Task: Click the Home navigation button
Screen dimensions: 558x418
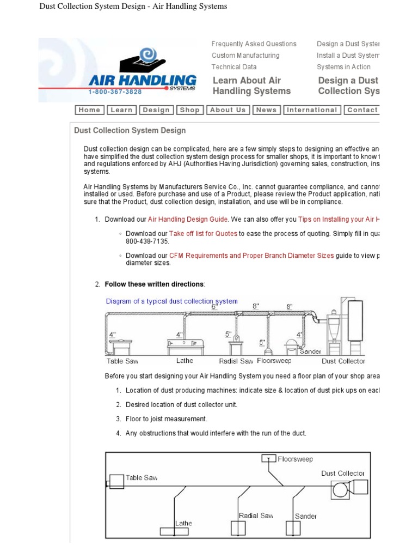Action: [x=89, y=110]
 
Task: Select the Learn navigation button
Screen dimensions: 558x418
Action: [x=121, y=110]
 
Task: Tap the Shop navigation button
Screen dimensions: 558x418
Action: [x=189, y=110]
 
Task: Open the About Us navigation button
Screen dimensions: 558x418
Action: [x=228, y=110]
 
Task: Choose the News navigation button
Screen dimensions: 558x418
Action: [x=266, y=110]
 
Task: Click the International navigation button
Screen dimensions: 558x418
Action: [x=312, y=110]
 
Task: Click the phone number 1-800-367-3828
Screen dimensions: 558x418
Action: [x=115, y=92]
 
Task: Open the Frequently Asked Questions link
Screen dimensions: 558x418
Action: [x=254, y=44]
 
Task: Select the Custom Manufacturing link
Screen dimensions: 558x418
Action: [x=245, y=56]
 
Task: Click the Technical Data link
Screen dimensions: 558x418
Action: [x=234, y=67]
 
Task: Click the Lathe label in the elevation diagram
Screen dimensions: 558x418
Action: [x=185, y=361]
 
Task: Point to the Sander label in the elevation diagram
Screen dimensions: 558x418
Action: [x=310, y=351]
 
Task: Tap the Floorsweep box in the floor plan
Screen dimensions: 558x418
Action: [x=269, y=458]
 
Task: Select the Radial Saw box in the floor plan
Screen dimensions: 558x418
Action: [x=238, y=529]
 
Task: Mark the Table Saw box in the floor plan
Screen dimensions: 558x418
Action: [x=116, y=482]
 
